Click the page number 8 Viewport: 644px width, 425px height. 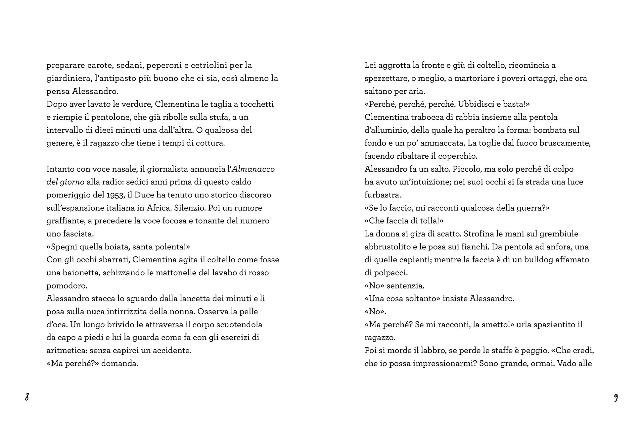[x=27, y=397]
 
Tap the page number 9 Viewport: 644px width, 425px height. [x=616, y=397]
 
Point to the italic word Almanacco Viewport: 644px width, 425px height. [x=253, y=169]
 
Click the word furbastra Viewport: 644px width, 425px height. [x=383, y=195]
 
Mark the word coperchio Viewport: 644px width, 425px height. [x=460, y=156]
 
